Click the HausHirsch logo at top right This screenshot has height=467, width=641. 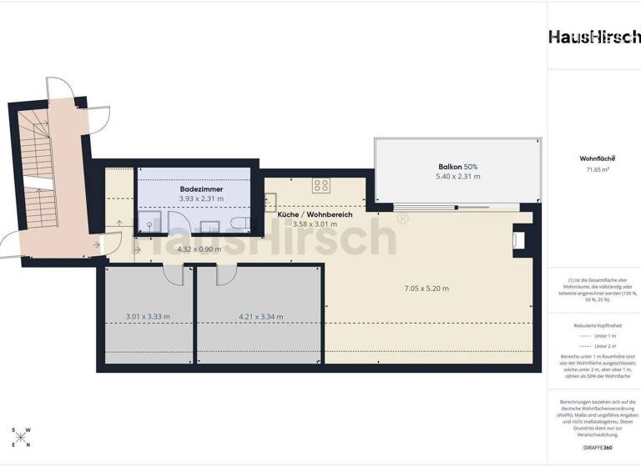[x=593, y=37]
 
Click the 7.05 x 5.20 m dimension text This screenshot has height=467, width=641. [x=426, y=289]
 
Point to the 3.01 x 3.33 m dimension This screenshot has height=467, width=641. [x=148, y=316]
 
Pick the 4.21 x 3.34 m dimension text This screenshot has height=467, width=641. [x=260, y=316]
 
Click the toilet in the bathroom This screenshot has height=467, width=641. [x=239, y=223]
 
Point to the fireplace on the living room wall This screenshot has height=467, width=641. [x=519, y=240]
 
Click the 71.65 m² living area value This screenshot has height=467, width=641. [x=593, y=169]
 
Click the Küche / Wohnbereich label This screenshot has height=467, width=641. [x=315, y=214]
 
